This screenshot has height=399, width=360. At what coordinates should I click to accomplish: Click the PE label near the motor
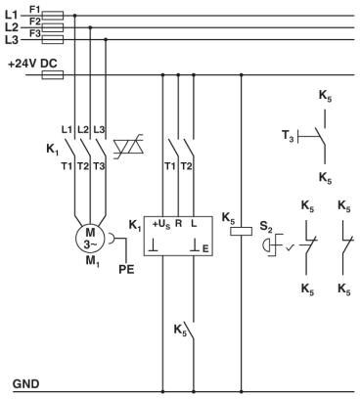tap(126, 269)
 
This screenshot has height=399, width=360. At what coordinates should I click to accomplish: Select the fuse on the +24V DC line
tap(55, 73)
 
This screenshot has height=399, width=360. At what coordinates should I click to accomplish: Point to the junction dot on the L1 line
tap(72, 16)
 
